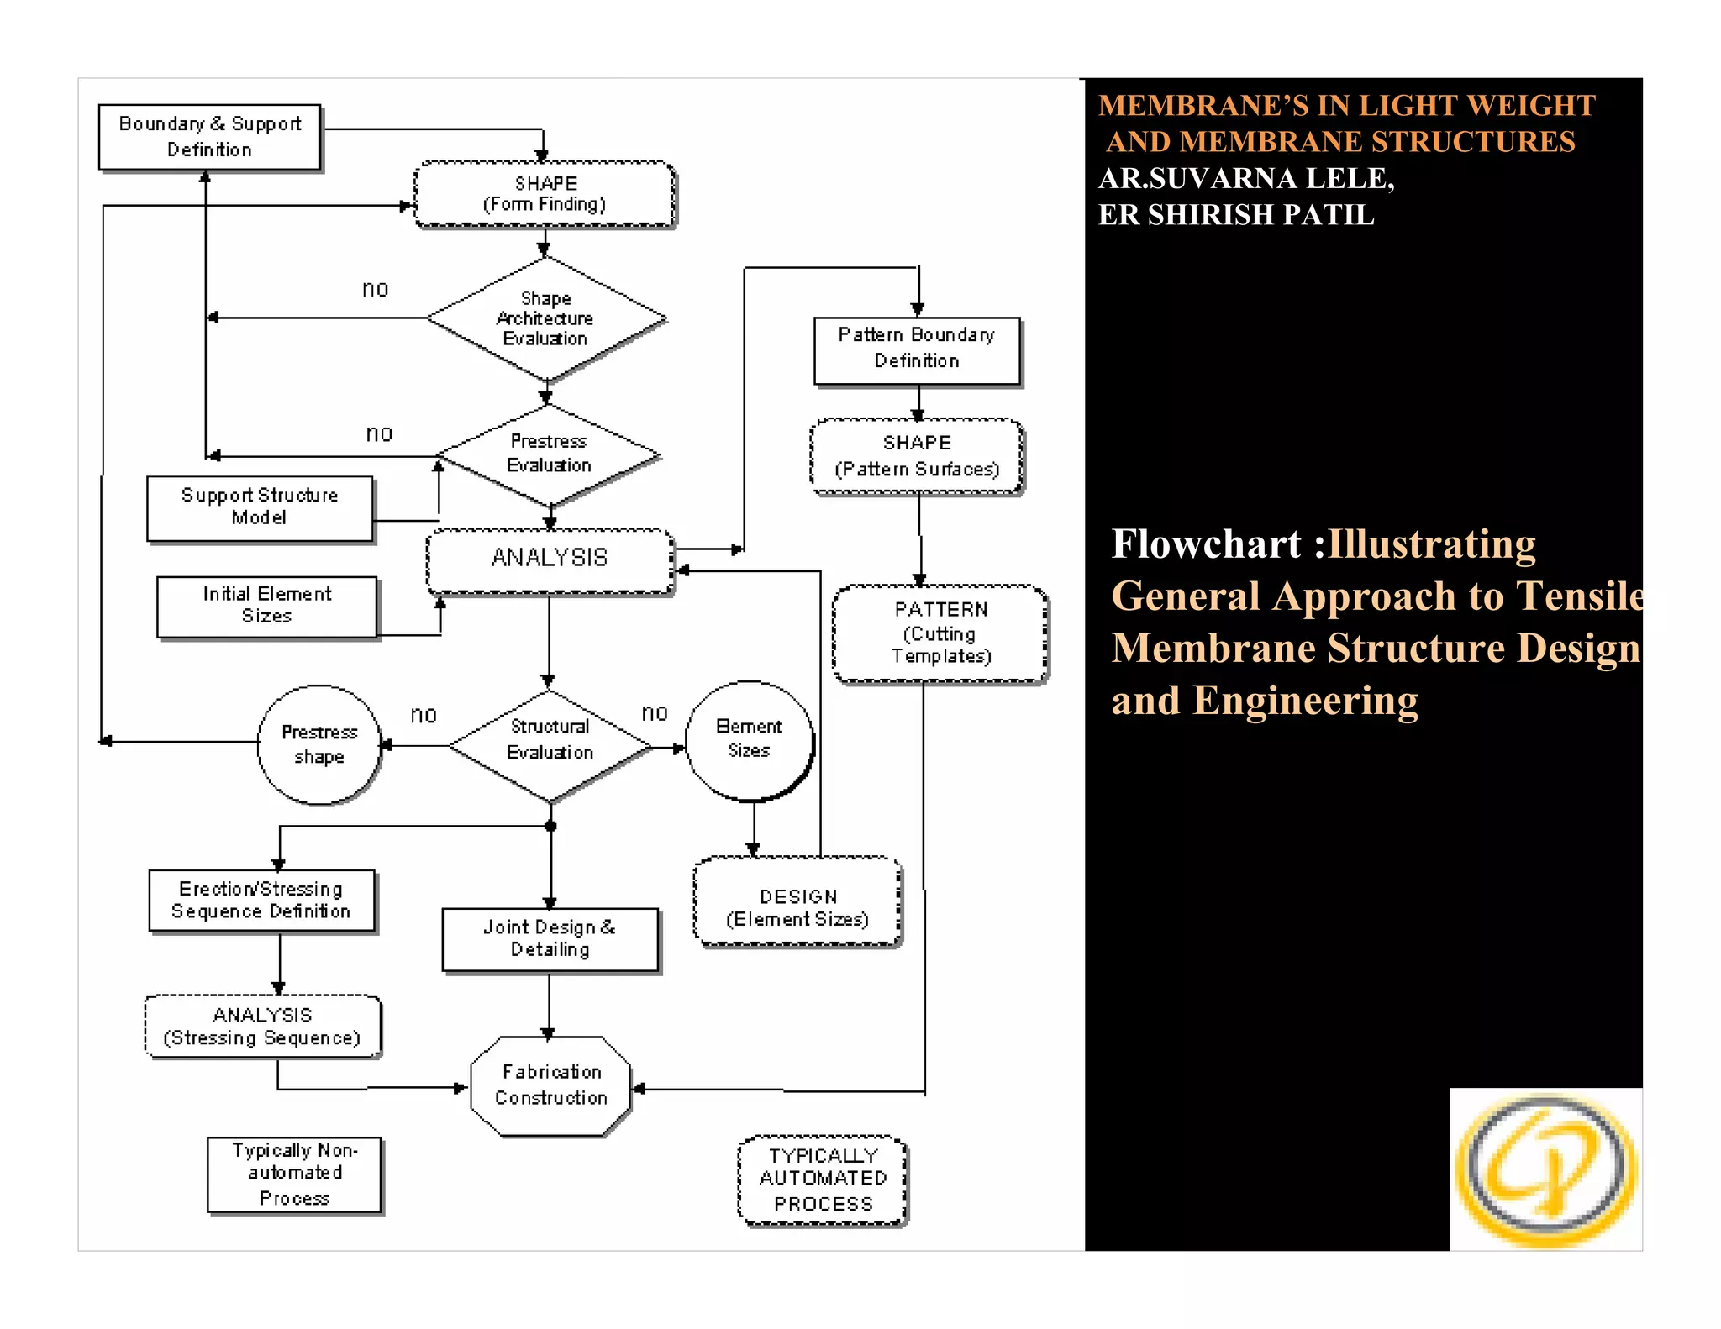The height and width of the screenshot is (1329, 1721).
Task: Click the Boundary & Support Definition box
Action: [x=209, y=137]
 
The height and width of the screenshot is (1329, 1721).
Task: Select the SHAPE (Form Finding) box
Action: [x=545, y=194]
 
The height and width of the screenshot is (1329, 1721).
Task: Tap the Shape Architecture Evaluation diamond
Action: [x=545, y=318]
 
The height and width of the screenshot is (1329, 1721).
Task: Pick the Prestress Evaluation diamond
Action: [x=549, y=454]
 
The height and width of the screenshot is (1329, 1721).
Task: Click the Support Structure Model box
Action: [x=260, y=507]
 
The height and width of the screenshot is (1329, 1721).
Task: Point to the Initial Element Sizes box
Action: [x=267, y=606]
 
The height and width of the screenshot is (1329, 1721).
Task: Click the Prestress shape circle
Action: [x=319, y=744]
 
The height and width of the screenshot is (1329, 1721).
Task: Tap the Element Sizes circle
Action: [x=749, y=739]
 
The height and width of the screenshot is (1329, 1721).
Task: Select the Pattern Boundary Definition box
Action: [x=917, y=349]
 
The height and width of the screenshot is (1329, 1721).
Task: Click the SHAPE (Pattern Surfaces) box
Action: [x=917, y=456]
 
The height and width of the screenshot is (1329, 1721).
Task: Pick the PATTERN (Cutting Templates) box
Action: [x=940, y=633]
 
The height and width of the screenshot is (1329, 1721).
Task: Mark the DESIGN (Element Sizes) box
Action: [x=797, y=901]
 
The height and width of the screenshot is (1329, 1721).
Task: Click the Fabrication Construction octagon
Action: [x=550, y=1085]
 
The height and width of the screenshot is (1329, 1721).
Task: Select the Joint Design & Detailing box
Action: [x=550, y=939]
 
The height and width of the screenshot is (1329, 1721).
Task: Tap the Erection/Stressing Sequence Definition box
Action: [x=261, y=901]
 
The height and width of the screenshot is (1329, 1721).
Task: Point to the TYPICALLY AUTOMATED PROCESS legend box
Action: [x=823, y=1179]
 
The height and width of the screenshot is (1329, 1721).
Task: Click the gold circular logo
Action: [x=1545, y=1169]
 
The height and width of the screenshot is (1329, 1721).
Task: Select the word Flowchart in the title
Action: [x=1205, y=544]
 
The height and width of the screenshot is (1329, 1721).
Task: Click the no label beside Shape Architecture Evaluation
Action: [x=375, y=289]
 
